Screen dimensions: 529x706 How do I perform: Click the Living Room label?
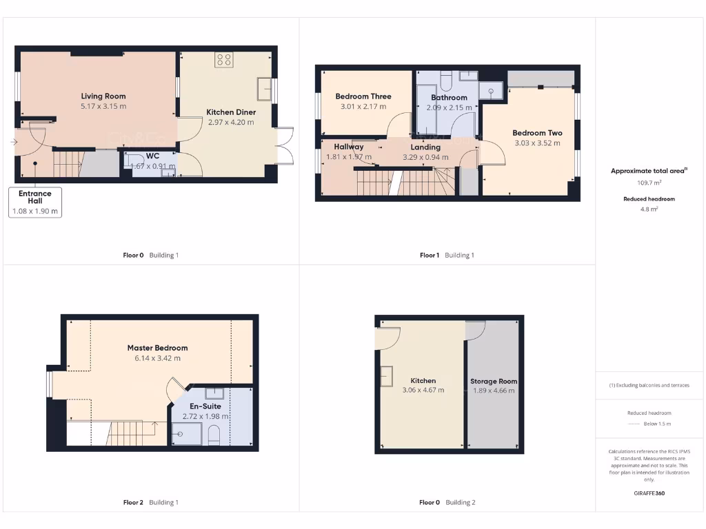(x=103, y=96)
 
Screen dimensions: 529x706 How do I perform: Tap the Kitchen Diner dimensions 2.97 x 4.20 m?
(x=231, y=123)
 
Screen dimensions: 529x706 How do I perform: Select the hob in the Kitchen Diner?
(x=224, y=60)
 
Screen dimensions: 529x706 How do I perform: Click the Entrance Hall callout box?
(x=35, y=203)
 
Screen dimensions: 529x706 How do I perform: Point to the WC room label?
(x=152, y=156)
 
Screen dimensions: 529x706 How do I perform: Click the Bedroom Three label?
(x=363, y=96)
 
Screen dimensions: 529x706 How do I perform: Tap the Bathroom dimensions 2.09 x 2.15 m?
(x=449, y=107)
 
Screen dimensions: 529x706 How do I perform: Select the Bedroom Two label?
(x=537, y=133)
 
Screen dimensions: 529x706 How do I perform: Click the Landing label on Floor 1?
(x=425, y=147)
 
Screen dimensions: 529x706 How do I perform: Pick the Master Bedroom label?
(x=157, y=348)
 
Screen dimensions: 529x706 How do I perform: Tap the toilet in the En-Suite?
(x=213, y=435)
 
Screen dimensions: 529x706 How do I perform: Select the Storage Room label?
(x=494, y=381)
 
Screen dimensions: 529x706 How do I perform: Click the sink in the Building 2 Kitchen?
(x=386, y=376)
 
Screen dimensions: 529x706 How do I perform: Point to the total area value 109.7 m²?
(x=648, y=183)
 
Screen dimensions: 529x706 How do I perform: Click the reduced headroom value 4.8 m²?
(x=648, y=209)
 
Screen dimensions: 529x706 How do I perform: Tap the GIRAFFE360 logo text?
(x=649, y=493)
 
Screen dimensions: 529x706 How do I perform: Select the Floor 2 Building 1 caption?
(x=150, y=502)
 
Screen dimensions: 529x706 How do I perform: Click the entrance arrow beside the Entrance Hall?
(x=14, y=143)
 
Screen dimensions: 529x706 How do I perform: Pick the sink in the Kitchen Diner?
(x=264, y=89)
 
